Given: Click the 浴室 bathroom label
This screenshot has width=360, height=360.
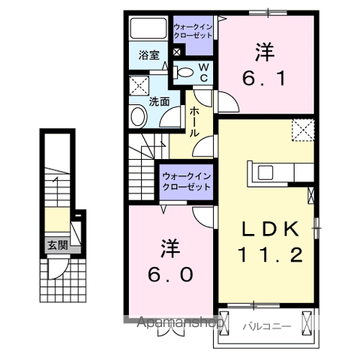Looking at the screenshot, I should click(148, 55).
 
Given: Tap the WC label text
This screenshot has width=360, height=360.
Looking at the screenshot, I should click(202, 72).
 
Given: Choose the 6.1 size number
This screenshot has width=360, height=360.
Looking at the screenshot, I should click(264, 77).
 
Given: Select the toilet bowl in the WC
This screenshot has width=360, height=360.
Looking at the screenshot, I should click(182, 73).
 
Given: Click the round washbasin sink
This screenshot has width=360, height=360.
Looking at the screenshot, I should click(138, 115).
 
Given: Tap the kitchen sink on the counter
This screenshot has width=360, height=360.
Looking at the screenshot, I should click(266, 172).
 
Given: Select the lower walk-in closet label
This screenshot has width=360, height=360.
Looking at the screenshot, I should click(187, 182).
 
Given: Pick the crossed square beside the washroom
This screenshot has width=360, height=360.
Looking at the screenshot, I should click(138, 84).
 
